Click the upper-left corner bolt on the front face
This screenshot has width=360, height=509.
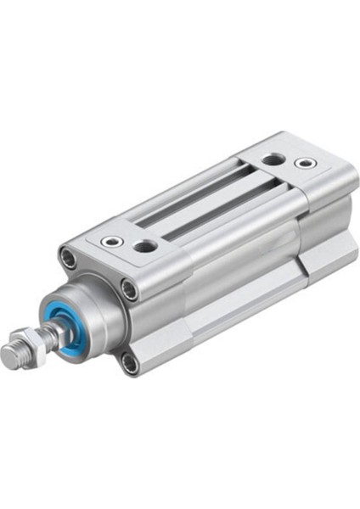point(67,256)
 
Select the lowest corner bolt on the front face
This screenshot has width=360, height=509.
point(129,364)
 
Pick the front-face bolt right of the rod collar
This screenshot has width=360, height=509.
point(128,289)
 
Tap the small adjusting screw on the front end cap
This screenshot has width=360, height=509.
point(110,242)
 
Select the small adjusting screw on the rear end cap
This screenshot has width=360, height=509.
point(303,163)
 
